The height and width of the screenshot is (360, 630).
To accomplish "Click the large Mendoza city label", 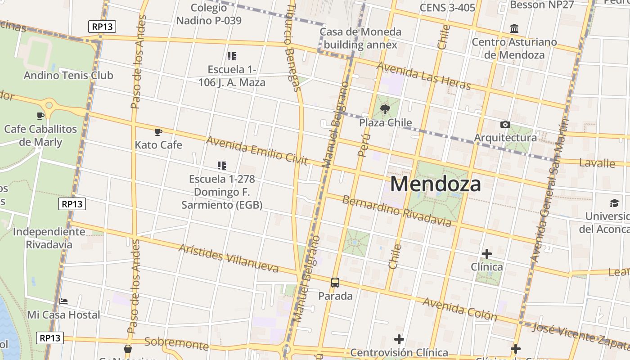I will pos(435,184).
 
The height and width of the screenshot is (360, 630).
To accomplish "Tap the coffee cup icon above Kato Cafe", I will pos(158,132).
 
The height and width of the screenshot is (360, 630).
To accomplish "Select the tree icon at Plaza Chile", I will pos(385,109).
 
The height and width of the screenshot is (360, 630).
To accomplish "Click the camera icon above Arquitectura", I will pos(505,124).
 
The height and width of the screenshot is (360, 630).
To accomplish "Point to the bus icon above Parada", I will pos(335,283).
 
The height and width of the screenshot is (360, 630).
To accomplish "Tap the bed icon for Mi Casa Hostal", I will pos(63,301).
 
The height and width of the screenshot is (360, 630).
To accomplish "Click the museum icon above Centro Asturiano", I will pos(514,29).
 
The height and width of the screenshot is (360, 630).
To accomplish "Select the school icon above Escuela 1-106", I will pos(232,56).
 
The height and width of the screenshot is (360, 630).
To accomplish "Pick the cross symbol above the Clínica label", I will pos(486,254).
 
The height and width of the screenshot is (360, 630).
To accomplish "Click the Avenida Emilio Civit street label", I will pos(256,150).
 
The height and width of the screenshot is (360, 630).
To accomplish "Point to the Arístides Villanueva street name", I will pos(229,258).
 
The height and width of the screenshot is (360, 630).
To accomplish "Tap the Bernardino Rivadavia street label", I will pos(396,211).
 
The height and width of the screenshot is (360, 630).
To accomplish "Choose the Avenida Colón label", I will pos(459,309).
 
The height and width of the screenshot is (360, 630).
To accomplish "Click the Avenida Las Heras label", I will pos(423,76).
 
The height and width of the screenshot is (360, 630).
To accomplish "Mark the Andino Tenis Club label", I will pos(68,75).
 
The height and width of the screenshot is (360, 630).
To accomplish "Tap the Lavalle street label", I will pos(597,163).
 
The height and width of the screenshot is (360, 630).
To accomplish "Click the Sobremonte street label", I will pos(176,344).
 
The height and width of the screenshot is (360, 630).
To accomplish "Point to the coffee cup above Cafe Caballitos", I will pos(40,116).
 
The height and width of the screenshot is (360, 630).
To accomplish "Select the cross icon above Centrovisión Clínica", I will pos(399,339).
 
